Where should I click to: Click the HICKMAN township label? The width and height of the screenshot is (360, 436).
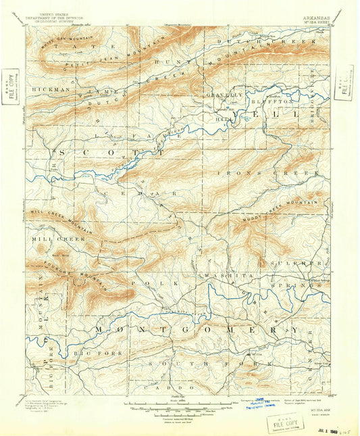(49, 89)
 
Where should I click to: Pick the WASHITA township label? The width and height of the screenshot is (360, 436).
(226, 276)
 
